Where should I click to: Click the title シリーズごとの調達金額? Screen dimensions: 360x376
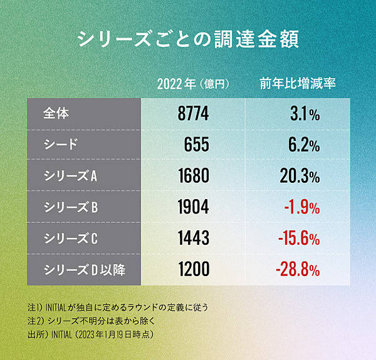point(187,38)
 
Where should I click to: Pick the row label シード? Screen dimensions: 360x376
point(61,145)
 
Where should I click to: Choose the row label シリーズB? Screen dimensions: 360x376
point(70,207)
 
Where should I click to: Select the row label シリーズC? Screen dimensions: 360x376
point(70,239)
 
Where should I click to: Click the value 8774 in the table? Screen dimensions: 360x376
point(193,114)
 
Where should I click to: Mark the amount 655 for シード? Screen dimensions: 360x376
point(197,145)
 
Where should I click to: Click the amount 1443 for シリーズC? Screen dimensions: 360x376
point(193,239)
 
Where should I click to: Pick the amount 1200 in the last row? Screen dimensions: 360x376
point(193,270)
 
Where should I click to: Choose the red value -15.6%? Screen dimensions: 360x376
point(299,239)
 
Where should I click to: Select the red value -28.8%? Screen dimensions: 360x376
point(298,270)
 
